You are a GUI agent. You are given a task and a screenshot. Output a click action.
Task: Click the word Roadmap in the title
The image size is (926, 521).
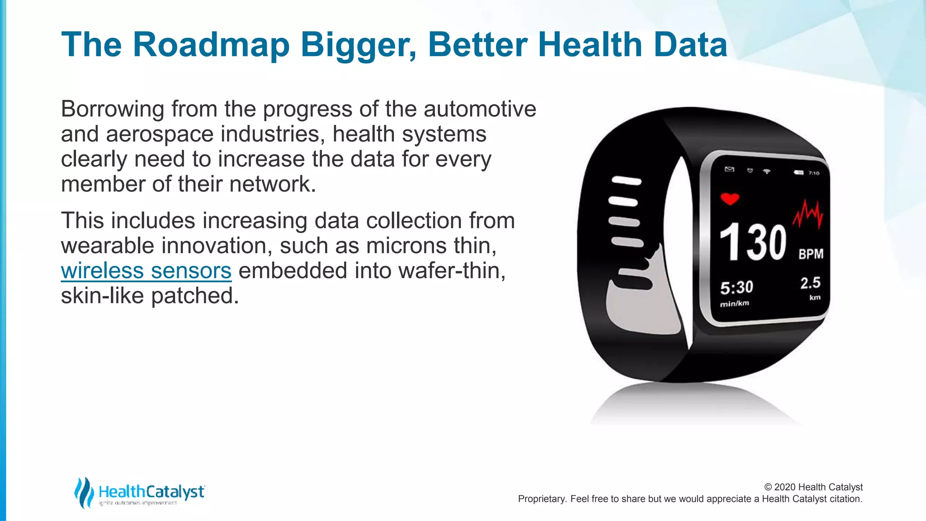click(211, 45)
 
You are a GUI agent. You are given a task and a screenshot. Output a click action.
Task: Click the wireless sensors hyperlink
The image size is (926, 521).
click(146, 271)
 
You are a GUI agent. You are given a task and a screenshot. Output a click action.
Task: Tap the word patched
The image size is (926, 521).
click(194, 296)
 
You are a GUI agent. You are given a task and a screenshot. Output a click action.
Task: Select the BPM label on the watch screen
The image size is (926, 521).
click(811, 254)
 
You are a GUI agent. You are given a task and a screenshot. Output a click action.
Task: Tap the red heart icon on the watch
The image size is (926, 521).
click(729, 199)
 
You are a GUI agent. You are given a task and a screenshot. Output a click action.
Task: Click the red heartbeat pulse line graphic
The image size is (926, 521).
click(808, 214)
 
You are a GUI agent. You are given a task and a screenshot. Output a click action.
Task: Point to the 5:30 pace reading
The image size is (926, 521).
click(737, 288)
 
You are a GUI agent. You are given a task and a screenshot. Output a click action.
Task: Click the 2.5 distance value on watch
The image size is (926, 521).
click(810, 283)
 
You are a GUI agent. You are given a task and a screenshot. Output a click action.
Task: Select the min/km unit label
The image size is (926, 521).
click(734, 303)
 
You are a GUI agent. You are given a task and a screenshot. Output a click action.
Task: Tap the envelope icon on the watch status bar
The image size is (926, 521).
click(729, 169)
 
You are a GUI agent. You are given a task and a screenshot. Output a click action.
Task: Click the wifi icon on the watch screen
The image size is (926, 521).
click(766, 171)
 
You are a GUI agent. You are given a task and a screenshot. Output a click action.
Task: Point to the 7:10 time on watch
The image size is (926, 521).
click(813, 173)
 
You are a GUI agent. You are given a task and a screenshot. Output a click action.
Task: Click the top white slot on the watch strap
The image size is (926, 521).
click(626, 181)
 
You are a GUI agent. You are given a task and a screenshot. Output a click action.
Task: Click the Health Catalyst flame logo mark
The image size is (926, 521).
click(84, 492)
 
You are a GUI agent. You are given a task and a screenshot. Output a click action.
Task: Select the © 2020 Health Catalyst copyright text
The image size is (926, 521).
click(813, 487)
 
